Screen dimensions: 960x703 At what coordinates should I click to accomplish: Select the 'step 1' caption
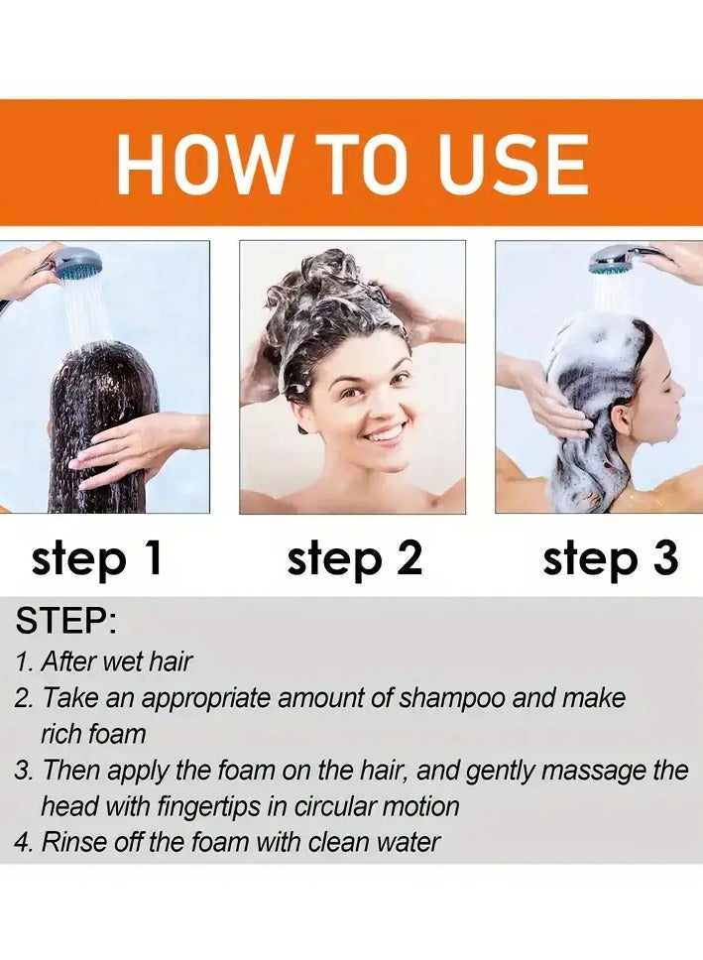click(x=96, y=560)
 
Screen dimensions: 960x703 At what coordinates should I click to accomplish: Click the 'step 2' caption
click(x=354, y=560)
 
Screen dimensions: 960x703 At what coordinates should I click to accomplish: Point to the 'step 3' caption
click(x=610, y=560)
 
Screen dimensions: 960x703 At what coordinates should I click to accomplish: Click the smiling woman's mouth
click(x=385, y=433)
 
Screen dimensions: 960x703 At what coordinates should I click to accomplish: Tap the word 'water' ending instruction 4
click(x=404, y=842)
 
